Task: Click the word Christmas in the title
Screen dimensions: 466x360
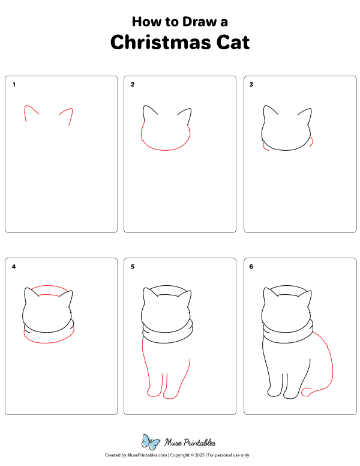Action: coord(160,42)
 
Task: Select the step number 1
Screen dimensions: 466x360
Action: coord(14,85)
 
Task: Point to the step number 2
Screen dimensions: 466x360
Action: coord(133,85)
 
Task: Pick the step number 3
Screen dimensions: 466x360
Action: coord(251,85)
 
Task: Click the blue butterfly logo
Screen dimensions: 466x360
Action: coord(151,442)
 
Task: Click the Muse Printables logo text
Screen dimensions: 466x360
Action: coord(190,443)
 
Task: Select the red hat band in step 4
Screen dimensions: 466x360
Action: coord(48,288)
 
